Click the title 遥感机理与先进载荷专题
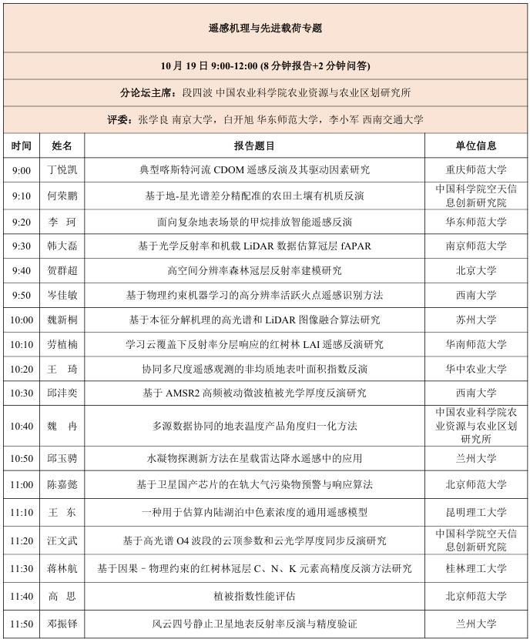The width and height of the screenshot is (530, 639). click(265, 28)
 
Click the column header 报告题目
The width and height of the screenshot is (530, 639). click(254, 146)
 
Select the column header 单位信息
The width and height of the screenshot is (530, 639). click(476, 146)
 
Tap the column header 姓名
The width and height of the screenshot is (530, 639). click(62, 146)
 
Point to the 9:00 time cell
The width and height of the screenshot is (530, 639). click(22, 170)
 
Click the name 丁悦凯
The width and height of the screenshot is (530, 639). click(62, 170)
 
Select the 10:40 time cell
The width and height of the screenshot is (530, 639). click(22, 426)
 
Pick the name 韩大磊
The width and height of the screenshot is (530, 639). click(62, 246)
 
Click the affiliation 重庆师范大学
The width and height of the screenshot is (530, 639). click(476, 170)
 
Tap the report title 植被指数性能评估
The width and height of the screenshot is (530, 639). click(254, 596)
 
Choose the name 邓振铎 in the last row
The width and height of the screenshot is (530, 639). click(62, 624)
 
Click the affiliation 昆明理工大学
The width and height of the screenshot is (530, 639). click(476, 512)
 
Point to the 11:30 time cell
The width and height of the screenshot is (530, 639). click(22, 569)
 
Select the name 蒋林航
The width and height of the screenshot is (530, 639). click(62, 569)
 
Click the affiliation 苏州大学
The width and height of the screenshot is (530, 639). click(476, 319)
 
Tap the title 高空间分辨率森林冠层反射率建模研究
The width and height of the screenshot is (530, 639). click(254, 271)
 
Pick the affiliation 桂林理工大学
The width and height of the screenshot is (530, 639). click(476, 569)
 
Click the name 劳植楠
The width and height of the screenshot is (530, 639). click(62, 344)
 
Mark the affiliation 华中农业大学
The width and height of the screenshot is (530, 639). click(476, 369)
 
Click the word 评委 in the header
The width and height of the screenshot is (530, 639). click(119, 119)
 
